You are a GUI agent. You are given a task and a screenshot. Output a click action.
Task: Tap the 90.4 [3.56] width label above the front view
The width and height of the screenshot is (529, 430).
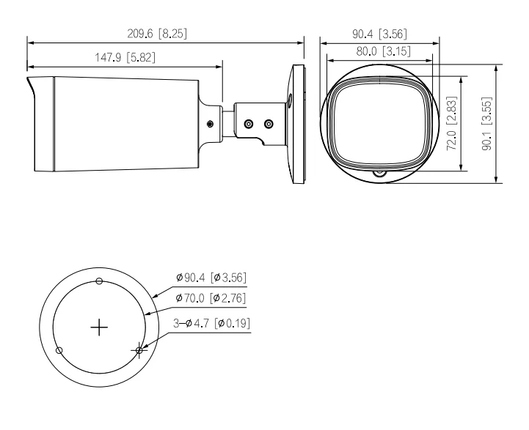(x=376, y=34)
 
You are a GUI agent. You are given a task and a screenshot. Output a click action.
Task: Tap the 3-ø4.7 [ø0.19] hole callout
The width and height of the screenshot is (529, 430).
(x=210, y=322)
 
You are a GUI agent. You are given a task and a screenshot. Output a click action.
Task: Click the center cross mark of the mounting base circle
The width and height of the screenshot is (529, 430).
(x=99, y=327)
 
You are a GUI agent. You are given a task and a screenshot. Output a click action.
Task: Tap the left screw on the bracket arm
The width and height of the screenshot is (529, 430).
(x=249, y=125)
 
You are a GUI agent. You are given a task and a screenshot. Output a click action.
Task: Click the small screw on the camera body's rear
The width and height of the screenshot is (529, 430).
(x=211, y=124)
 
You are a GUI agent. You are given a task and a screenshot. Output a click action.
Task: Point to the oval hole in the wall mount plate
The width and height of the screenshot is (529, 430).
(x=289, y=100)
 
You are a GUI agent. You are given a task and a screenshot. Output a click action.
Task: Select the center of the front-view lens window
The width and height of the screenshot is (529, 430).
(x=377, y=122)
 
